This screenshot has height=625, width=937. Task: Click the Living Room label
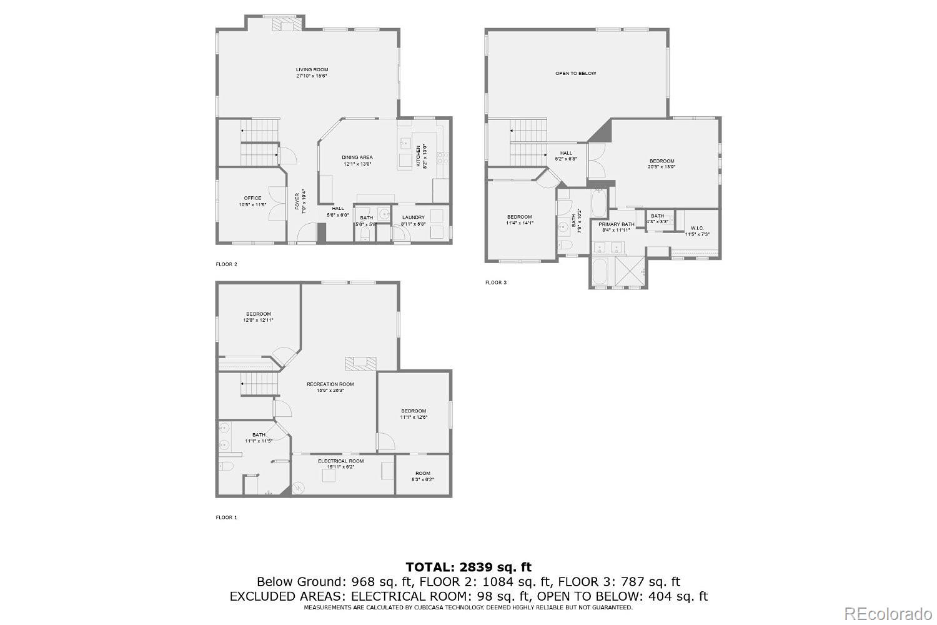pos(312,70)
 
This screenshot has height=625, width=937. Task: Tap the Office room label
pos(252,198)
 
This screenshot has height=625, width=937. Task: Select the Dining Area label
pos(357,157)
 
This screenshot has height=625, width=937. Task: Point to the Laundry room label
pos(413,217)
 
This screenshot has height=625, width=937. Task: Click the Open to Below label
pos(575,73)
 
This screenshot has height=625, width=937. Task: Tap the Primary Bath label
pos(616,224)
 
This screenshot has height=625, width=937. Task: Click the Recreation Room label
pos(330,384)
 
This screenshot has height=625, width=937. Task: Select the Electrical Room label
pos(340,461)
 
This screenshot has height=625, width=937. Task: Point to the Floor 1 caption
pos(226,517)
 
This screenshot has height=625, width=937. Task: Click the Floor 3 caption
pos(495,282)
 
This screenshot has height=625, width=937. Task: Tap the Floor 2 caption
pos(226,264)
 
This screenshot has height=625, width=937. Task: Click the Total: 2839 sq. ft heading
pos(468,567)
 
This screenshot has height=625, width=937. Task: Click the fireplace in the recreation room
pos(361,362)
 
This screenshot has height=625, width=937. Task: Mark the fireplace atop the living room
pos(287,25)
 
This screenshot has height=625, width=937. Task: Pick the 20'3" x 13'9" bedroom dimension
pos(662,167)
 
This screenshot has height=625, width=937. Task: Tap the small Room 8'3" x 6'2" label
pos(423,473)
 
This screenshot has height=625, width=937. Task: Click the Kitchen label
pos(419,156)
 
